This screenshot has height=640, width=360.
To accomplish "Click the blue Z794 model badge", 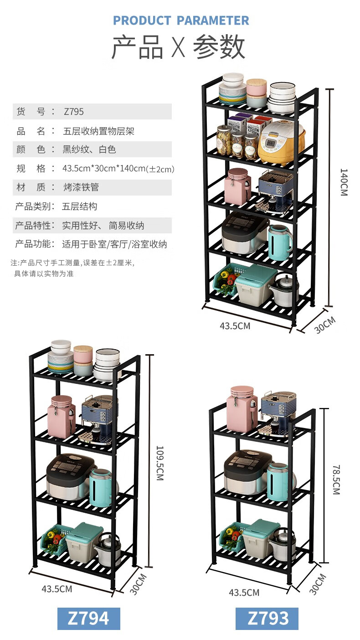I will (x=88, y=618).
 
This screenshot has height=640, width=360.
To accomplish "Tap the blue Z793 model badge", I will (x=267, y=618).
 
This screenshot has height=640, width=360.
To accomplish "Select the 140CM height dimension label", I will (x=344, y=182).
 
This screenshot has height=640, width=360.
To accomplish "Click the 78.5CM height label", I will (x=336, y=480).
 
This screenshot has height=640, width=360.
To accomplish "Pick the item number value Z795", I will (x=74, y=112).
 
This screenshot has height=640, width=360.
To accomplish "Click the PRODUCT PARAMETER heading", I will (x=181, y=21).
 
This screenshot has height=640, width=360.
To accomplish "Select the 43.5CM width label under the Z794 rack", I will (x=57, y=588).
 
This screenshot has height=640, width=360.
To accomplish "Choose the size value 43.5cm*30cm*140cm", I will (x=118, y=169).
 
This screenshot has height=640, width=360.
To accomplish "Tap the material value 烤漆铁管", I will (x=81, y=187).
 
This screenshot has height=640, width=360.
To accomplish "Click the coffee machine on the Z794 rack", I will (x=98, y=419).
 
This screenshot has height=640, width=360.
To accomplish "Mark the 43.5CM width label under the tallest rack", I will (x=235, y=326).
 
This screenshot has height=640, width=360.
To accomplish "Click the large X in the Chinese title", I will (x=178, y=47).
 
